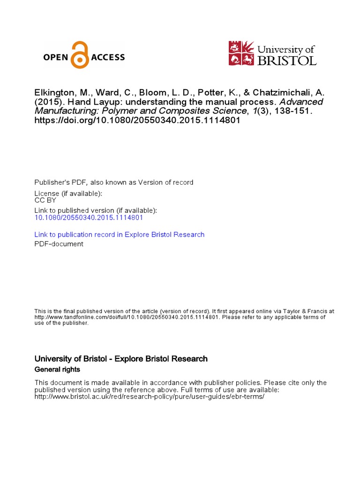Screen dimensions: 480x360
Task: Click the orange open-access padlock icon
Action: pos(80,55)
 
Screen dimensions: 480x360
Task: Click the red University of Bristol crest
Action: pos(241,53)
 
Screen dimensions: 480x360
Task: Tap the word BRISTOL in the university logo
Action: pos(287,60)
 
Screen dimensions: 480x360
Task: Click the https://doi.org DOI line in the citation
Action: pos(134,120)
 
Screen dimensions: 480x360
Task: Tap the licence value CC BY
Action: pos(45,200)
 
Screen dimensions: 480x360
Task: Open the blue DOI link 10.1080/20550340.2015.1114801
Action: pos(89,217)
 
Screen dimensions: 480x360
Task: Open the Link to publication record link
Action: pos(120,234)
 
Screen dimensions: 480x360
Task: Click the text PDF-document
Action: pos(59,244)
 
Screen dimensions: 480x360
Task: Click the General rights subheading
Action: pos(57,369)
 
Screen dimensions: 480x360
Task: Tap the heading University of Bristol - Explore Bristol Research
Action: pos(121,359)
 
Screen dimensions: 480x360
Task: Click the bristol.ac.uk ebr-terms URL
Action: pos(150,397)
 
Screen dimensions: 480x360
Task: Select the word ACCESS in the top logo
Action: pos(107,58)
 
